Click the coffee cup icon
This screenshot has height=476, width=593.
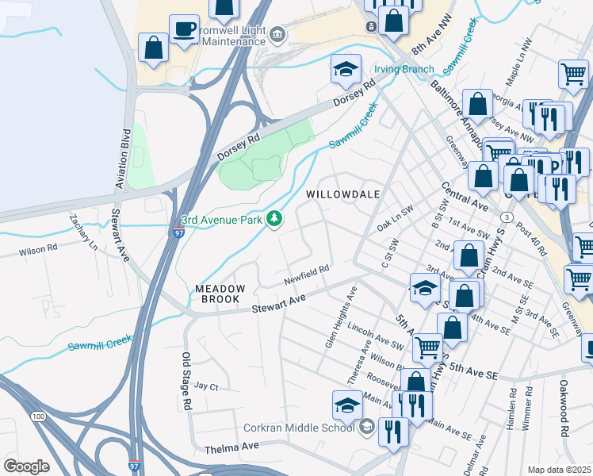pos(184,29)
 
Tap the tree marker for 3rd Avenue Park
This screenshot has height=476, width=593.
pos(275,218)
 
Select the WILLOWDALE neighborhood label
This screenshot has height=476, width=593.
pos(343,194)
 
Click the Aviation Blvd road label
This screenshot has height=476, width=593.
pos(123,159)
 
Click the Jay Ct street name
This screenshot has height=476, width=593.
pos(205,386)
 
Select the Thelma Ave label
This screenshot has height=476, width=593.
pos(231,447)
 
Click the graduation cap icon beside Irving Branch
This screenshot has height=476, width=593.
pos(346,69)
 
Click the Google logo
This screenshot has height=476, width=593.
pos(26,466)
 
